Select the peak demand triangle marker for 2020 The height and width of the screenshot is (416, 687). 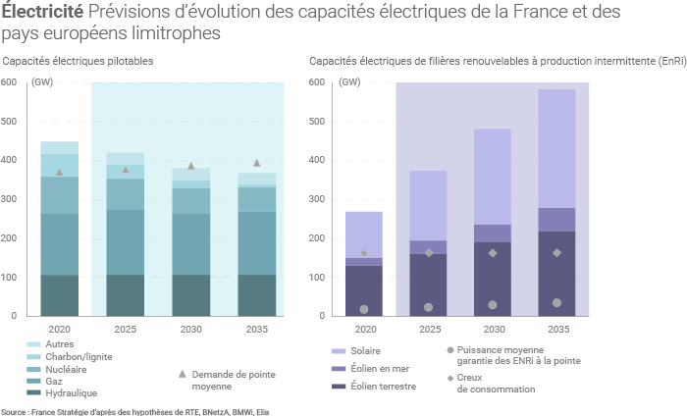59,173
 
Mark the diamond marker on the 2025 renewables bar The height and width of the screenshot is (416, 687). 428,253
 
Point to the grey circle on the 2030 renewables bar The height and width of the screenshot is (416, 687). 493,305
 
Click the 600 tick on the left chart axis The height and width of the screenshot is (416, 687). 9,81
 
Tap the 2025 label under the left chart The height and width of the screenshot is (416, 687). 125,331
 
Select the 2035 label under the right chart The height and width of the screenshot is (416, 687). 557,331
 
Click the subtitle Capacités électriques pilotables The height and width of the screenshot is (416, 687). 79,61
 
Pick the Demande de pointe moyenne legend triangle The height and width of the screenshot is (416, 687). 183,374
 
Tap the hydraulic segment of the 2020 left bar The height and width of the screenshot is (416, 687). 59,295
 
